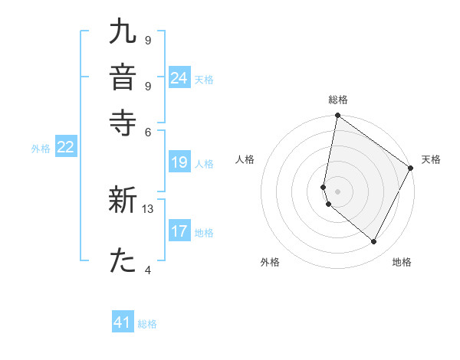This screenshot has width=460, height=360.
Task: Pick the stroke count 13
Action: point(148,208)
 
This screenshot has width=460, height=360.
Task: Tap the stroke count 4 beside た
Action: point(148,269)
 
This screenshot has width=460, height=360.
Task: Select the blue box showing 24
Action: point(179,78)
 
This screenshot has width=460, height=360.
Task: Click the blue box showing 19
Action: point(179,162)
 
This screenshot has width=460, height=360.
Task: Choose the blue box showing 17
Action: point(179,231)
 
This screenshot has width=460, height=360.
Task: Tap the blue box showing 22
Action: point(65,148)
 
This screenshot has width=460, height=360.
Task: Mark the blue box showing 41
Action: point(123,322)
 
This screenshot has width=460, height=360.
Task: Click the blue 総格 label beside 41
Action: point(147,324)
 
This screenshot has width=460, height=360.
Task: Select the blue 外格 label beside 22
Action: point(41,149)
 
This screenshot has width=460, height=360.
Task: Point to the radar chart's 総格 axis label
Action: point(337,100)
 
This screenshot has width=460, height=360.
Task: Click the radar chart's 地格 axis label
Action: point(402,262)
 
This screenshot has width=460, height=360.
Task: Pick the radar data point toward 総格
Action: point(337,116)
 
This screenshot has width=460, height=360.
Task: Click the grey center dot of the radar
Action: point(337,190)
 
